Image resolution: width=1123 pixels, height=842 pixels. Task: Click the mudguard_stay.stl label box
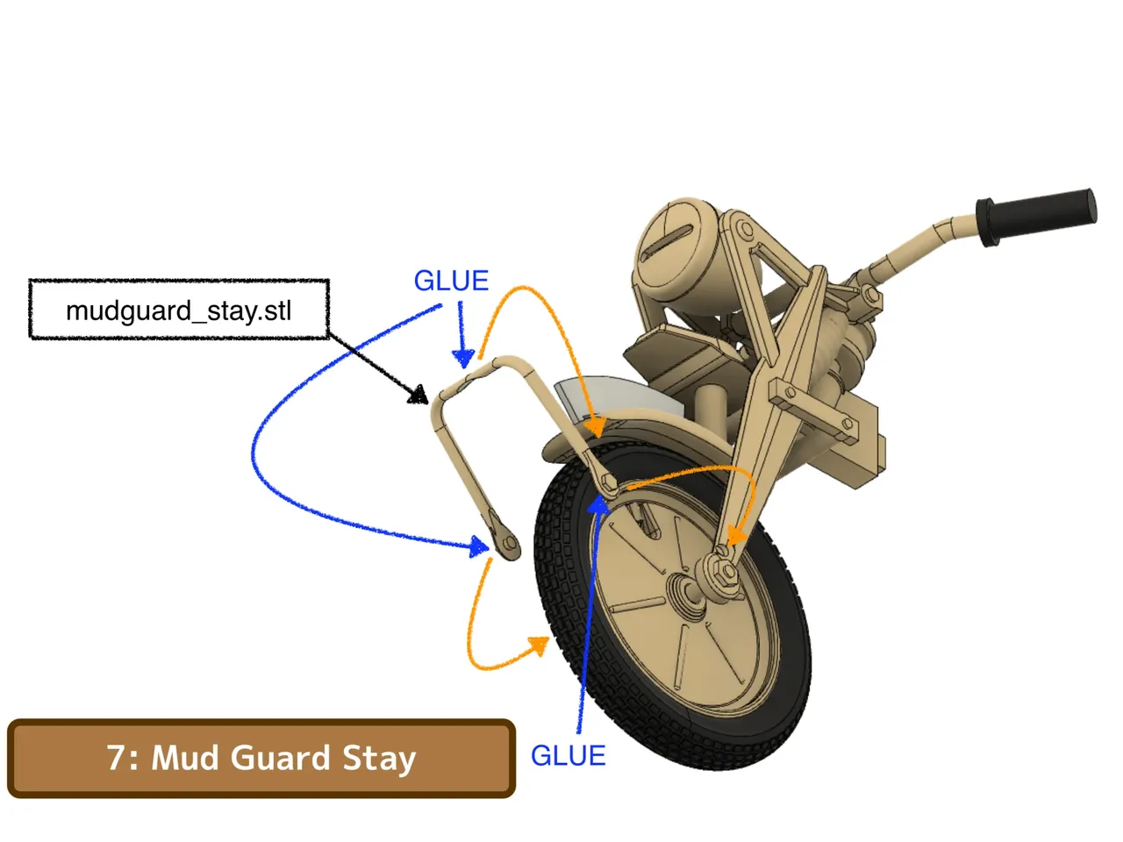pyautogui.click(x=179, y=310)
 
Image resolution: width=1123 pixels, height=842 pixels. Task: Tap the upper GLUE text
pyautogui.click(x=451, y=281)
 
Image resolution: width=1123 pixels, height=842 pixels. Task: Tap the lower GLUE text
pyautogui.click(x=568, y=755)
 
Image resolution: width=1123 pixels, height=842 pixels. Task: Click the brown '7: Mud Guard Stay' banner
pyautogui.click(x=261, y=758)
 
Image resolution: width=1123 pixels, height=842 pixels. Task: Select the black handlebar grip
pyautogui.click(x=1035, y=217)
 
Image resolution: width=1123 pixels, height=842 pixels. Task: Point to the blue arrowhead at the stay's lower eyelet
pyautogui.click(x=479, y=547)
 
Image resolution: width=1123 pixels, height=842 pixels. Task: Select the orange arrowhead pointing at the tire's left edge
pyautogui.click(x=540, y=645)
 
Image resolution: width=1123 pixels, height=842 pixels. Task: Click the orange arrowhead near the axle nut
pyautogui.click(x=737, y=536)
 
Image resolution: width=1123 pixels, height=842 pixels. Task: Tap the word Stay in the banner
pyautogui.click(x=379, y=760)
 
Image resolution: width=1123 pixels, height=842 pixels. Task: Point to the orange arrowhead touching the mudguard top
pyautogui.click(x=596, y=426)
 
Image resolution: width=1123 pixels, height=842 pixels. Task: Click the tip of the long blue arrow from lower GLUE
pyautogui.click(x=598, y=495)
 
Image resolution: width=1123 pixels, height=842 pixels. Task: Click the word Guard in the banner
pyautogui.click(x=280, y=758)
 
